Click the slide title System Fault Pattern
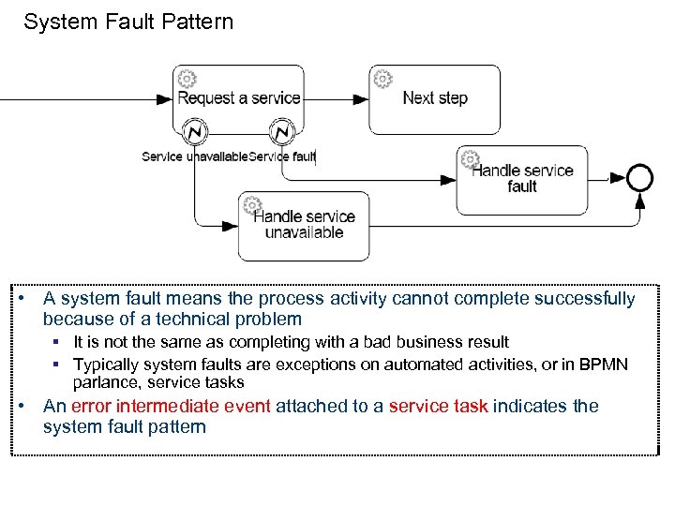click(x=128, y=22)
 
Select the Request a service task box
click(x=238, y=98)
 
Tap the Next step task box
click(x=434, y=98)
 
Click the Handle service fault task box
click(x=522, y=179)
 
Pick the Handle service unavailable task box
click(x=304, y=226)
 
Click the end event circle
click(x=640, y=176)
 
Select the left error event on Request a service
click(x=194, y=131)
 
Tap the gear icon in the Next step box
click(x=382, y=79)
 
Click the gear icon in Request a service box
click(x=187, y=79)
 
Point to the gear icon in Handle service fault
click(x=471, y=159)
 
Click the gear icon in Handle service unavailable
click(x=252, y=205)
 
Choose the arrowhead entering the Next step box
click(x=361, y=98)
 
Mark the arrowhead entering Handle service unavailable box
click(x=230, y=225)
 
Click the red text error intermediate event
click(x=171, y=406)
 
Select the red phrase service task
click(x=438, y=406)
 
